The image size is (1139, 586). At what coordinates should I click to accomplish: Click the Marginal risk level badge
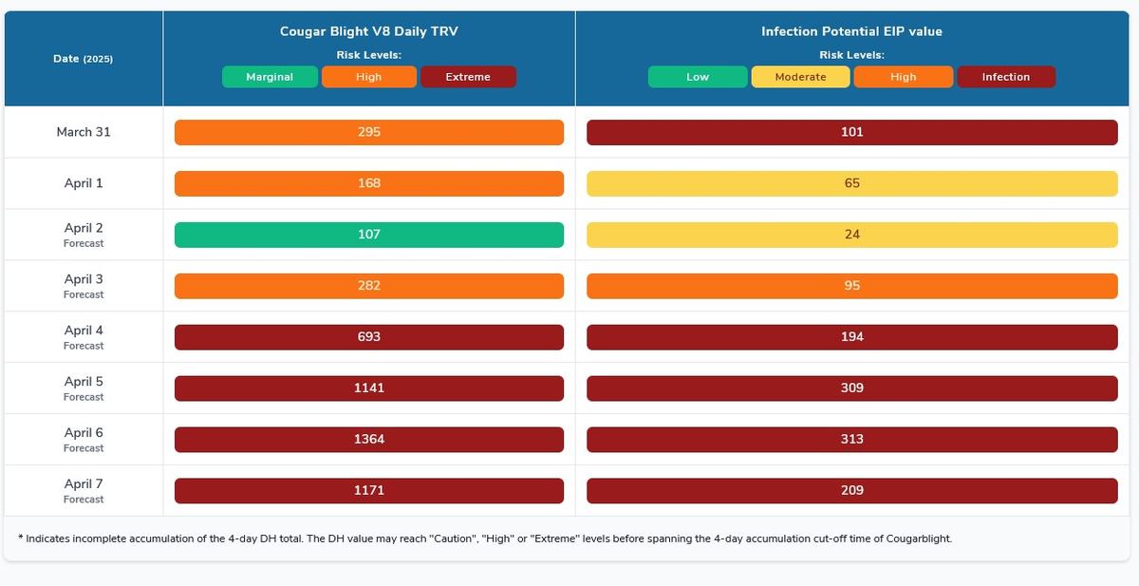(270, 77)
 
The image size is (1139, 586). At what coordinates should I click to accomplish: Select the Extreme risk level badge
(468, 77)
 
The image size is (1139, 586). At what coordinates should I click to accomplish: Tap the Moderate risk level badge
(800, 77)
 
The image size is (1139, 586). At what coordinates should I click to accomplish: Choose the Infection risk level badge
(1006, 77)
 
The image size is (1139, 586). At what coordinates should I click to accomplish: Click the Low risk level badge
(698, 77)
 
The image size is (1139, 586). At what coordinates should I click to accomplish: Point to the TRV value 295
(369, 132)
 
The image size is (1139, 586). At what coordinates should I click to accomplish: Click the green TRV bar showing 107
(369, 235)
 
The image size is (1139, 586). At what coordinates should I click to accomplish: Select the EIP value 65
(852, 183)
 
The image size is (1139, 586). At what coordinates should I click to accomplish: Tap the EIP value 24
(852, 235)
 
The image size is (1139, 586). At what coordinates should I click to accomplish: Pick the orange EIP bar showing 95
(852, 286)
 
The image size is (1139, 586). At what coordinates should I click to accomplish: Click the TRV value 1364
(369, 440)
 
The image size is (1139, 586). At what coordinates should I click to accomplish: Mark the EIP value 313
(852, 440)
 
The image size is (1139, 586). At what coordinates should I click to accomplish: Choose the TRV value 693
(369, 337)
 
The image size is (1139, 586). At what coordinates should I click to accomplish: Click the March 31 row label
(84, 132)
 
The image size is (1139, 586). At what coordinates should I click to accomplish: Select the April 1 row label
(84, 183)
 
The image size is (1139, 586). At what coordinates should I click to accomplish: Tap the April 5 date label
(84, 382)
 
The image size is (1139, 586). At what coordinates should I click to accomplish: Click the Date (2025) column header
(84, 59)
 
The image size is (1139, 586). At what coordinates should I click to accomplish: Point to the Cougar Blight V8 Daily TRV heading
(369, 31)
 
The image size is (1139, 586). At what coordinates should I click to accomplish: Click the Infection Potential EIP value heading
(851, 31)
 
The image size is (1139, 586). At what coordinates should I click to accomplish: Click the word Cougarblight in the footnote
(919, 539)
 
